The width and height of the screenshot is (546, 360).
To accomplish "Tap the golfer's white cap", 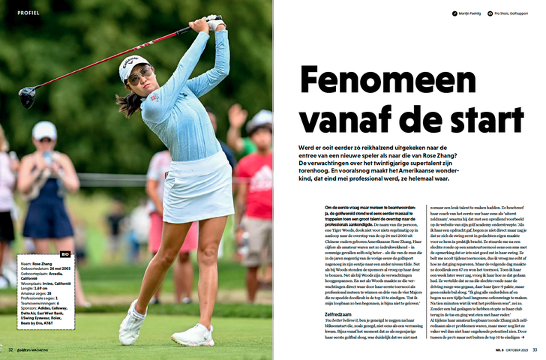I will (x=133, y=65).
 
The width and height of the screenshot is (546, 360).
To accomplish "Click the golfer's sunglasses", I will (x=139, y=76).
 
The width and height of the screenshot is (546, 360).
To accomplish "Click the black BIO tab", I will (x=65, y=254).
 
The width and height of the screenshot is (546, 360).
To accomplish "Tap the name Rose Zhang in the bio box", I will (x=42, y=263).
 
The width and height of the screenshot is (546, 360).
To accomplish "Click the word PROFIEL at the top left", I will (x=28, y=13).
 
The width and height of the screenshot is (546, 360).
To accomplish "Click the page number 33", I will (x=534, y=349).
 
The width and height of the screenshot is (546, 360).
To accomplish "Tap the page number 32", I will (x=10, y=349).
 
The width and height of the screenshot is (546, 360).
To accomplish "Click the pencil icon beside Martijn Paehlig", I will (x=454, y=13).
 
